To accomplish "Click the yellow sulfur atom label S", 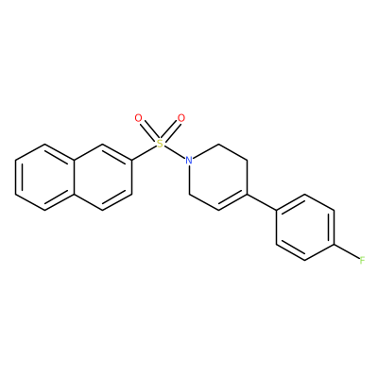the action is point(161,144).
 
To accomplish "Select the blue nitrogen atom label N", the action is point(189,161).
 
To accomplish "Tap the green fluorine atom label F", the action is point(362,260).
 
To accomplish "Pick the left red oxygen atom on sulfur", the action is point(138,118).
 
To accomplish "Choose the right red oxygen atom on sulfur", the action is point(181,118).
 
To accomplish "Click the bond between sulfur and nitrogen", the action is point(175,152).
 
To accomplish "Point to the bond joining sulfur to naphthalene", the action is point(145,153).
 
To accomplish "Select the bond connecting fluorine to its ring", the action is point(347,251).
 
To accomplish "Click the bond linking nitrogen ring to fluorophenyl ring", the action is point(262,202).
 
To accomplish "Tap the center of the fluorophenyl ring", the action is point(305,228).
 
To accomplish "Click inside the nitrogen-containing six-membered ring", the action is point(218,178).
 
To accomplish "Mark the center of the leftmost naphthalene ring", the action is point(44,178).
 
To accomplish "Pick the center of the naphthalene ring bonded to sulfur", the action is point(102,178).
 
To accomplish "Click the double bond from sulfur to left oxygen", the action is point(147,129).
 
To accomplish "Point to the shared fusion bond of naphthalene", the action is point(74,178).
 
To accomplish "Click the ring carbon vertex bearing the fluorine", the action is point(334,244).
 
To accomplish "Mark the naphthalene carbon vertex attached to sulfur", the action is point(131,161).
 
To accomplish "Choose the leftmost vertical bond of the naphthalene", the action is point(16,178).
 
